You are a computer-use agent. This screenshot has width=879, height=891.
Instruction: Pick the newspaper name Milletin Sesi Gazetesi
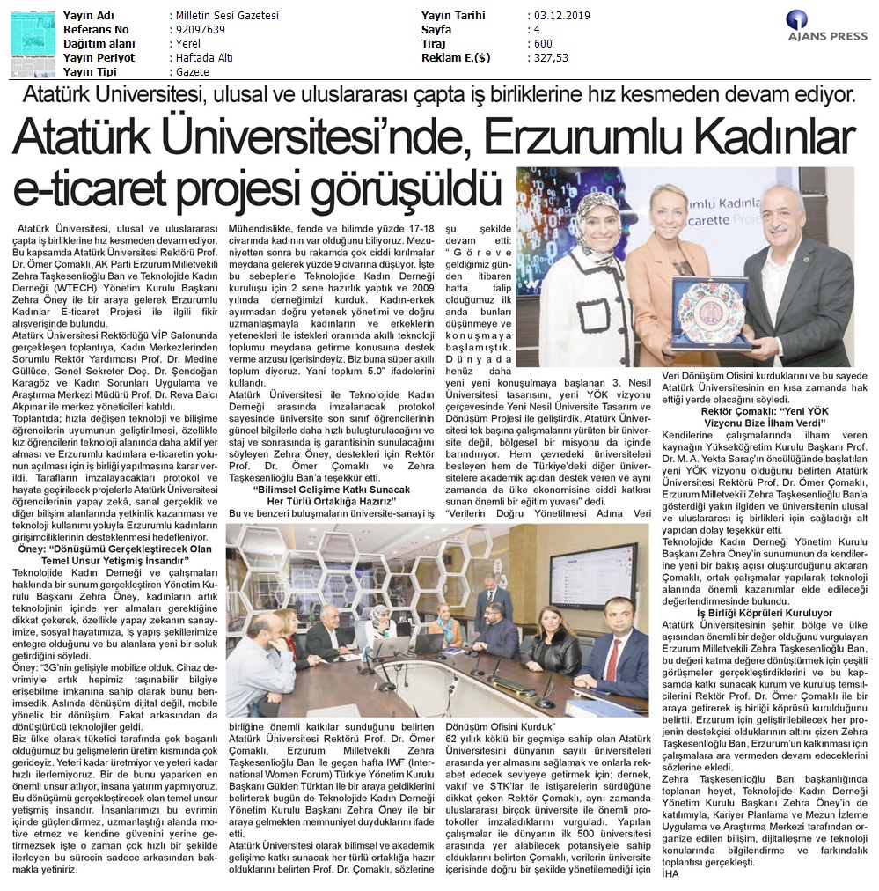pos(223,16)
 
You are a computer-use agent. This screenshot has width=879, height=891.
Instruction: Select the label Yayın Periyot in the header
pos(99,57)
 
